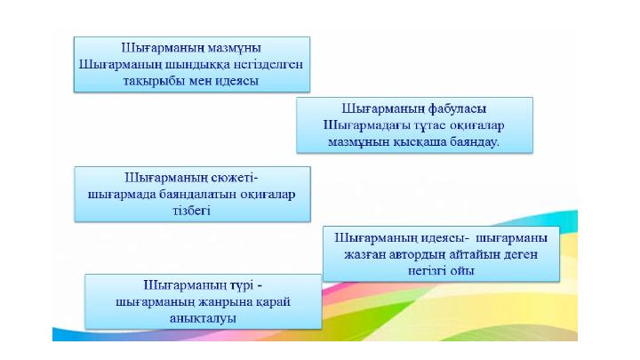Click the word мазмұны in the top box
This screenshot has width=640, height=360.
(235, 48)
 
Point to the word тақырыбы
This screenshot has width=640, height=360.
(154, 81)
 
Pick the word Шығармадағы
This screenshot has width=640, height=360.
(367, 125)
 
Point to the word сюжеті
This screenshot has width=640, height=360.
(235, 178)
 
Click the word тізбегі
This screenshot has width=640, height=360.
(192, 211)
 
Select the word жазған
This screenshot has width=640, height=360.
(364, 255)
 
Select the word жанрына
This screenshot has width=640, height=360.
(225, 302)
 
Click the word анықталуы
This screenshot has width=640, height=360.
(203, 318)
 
